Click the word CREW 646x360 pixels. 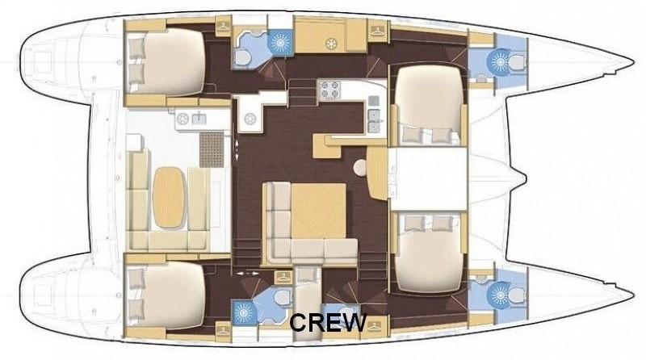coord(328,322)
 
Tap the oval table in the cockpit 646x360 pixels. coord(169,197)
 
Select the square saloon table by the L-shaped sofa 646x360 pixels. coord(318,211)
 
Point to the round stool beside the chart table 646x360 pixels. coord(360,168)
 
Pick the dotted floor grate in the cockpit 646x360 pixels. coord(212,149)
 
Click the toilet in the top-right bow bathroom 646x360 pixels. coord(516,62)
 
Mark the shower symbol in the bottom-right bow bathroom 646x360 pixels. coord(499,295)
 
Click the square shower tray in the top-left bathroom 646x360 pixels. coord(280,42)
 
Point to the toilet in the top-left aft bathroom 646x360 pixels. coord(243,58)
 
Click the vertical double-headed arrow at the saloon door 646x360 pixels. coord(237,150)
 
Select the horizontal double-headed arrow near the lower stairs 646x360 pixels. coord(248,273)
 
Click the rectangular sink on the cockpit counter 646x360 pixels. coord(199,119)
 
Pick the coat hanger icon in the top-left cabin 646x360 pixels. coord(223,27)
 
